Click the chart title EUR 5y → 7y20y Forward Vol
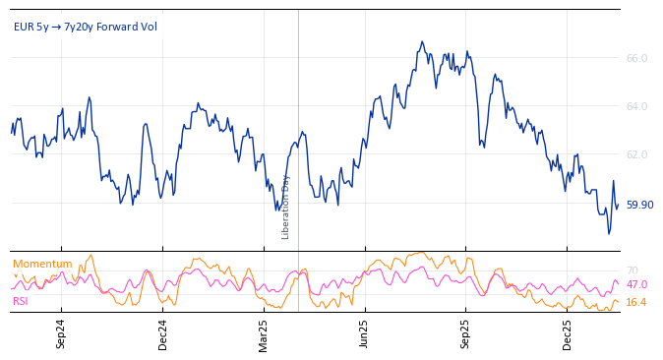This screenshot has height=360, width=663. coord(85,27)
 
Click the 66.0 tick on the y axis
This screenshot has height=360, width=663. coord(636,58)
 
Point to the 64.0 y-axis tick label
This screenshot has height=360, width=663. coord(636,106)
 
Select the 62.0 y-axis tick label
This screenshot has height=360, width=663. coord(636,154)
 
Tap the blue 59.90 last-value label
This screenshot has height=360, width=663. coord(639,205)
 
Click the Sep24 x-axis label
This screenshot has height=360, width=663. coord(61,333)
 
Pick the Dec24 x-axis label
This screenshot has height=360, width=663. coord(163,333)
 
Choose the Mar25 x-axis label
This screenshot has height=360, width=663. coord(264,333)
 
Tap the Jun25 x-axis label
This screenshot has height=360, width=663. coord(364,333)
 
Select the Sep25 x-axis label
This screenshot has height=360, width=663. coord(466,333)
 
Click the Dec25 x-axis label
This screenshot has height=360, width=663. coord(568,333)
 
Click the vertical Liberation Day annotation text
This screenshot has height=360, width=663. coord(286,207)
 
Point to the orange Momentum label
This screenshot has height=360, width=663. coord(42,264)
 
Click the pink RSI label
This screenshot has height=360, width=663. coord(21,301)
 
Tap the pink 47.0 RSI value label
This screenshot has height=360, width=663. coord(636,284)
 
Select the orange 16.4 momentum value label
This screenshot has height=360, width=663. coord(636,302)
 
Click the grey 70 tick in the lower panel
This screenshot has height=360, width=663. coord(632,270)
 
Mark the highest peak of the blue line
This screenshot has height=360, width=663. coord(422,41)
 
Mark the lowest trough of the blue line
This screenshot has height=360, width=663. coord(609,233)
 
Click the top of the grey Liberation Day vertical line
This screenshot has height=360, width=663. coord(298,11)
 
